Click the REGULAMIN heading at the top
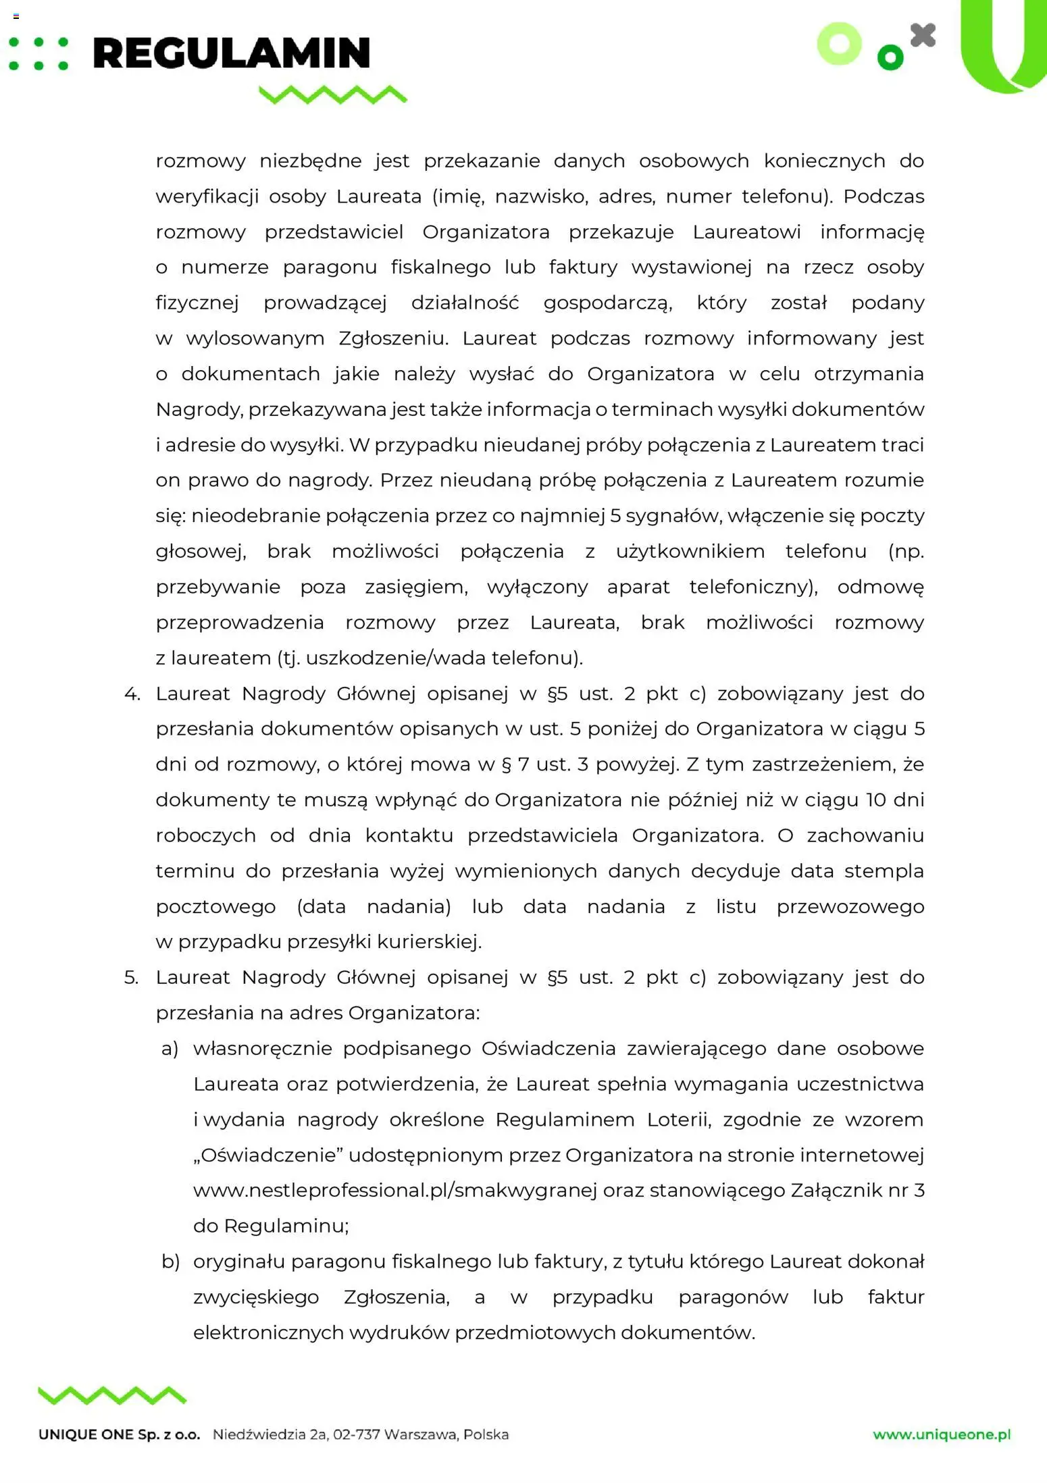coord(231,53)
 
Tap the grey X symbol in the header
coord(923,35)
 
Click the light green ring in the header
coord(839,44)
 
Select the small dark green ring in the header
coord(890,57)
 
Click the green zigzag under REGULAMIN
coord(333,95)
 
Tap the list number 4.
coord(132,694)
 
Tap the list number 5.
coord(131,977)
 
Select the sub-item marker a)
coord(170,1048)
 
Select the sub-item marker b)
coord(170,1261)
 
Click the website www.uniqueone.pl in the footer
coord(942,1434)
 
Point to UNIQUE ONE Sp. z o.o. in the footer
coord(120,1434)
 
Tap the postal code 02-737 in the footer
coord(357,1434)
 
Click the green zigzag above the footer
coord(112,1395)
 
